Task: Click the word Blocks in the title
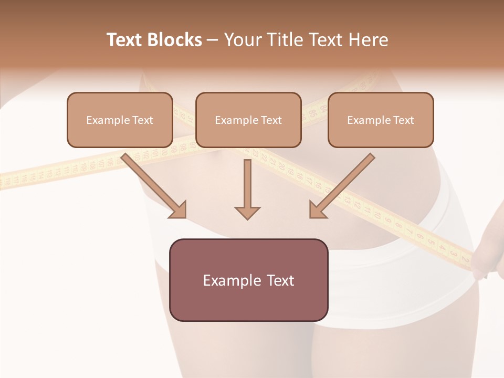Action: [x=174, y=40]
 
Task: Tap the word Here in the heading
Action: [x=368, y=40]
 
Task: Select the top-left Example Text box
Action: [x=120, y=120]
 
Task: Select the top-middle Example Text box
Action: [x=248, y=120]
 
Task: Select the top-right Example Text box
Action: [x=381, y=120]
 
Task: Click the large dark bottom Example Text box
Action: [x=248, y=280]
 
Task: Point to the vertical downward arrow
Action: [x=247, y=186]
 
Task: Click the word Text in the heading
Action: [x=125, y=40]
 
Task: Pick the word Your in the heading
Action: [x=242, y=40]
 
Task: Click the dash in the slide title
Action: [x=213, y=40]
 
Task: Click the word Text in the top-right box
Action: [x=403, y=120]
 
